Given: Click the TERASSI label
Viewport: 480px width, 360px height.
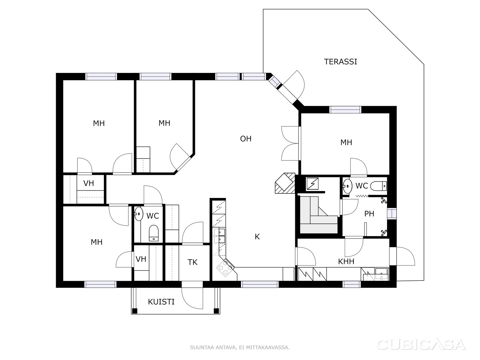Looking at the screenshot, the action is [x=340, y=62].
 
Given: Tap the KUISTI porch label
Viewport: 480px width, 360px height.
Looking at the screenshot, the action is [x=161, y=302].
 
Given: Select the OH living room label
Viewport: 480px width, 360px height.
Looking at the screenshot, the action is [x=246, y=139].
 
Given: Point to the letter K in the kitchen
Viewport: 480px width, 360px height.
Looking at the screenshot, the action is [x=257, y=236].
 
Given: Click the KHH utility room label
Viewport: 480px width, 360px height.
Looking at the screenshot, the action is [x=346, y=261].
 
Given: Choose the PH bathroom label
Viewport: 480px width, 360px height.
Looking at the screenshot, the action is [x=369, y=214].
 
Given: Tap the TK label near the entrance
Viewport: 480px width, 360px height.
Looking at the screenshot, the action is [x=192, y=262].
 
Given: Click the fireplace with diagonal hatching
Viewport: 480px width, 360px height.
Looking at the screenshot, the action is [x=285, y=183].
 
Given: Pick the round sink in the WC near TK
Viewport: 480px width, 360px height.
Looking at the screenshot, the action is [x=138, y=214].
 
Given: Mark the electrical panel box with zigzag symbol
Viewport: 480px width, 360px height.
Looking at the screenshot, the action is [x=313, y=184].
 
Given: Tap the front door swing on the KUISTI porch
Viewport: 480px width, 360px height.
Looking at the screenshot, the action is [x=192, y=298].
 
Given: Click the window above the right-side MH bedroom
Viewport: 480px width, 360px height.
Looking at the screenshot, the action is [x=345, y=109].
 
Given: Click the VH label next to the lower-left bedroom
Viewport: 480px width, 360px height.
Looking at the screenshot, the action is [x=141, y=259].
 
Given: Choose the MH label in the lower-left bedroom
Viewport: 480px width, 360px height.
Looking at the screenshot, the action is [x=97, y=242].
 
